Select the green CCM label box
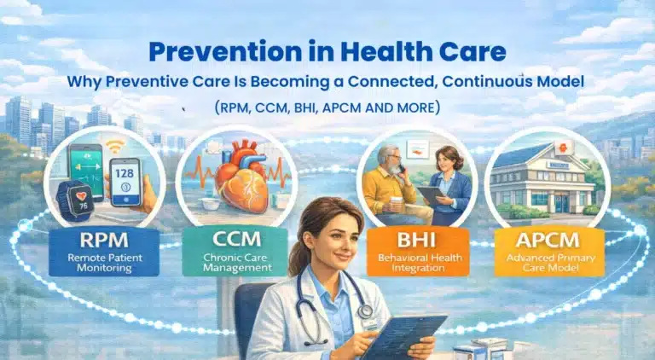(x=230, y=250)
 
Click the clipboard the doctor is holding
(x=409, y=335)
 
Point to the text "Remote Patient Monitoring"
(x=105, y=260)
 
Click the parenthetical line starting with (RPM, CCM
(x=327, y=109)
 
